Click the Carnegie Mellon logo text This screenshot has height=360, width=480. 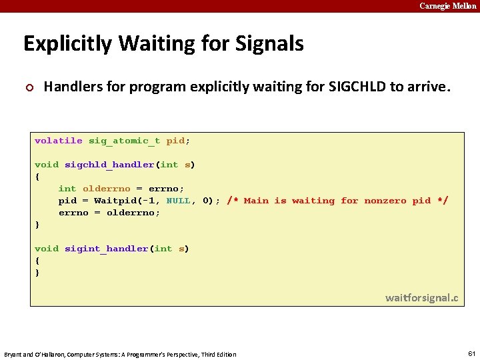click(447, 6)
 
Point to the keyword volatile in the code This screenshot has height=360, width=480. click(59, 141)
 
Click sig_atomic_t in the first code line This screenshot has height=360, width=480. click(124, 141)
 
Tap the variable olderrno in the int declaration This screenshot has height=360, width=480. click(106, 189)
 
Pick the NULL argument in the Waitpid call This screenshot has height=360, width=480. click(178, 201)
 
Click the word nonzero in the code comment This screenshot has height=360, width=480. click(385, 201)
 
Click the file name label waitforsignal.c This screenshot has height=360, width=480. click(421, 297)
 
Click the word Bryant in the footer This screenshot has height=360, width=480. click(14, 354)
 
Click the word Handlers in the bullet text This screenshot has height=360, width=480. click(70, 86)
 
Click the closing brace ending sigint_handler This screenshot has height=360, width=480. click(37, 273)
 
